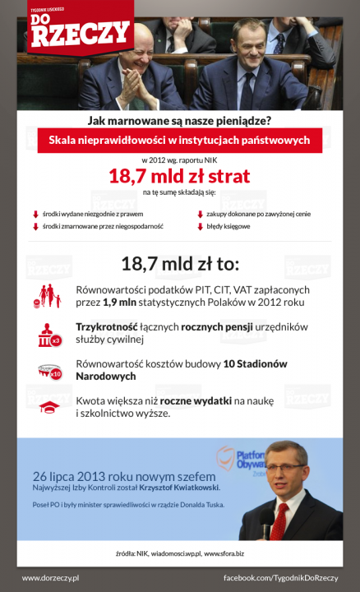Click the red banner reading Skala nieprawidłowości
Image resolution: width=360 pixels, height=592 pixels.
(x=179, y=140)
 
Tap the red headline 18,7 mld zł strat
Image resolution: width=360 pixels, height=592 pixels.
(x=179, y=176)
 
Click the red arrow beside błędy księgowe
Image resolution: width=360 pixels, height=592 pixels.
(x=198, y=225)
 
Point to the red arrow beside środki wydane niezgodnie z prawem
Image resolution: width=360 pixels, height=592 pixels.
(x=35, y=214)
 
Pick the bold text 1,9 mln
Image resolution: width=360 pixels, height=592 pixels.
(x=120, y=302)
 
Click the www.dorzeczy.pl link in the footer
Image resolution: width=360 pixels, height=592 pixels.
(x=51, y=579)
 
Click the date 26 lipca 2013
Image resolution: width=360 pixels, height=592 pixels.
(x=75, y=475)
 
